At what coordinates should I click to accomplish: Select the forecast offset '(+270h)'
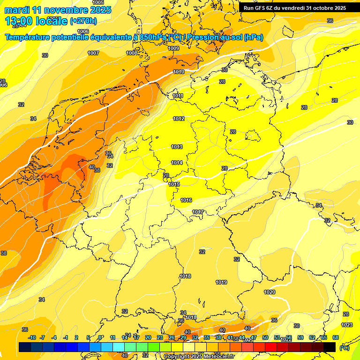click(83, 21)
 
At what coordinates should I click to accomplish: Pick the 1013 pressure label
click(177, 147)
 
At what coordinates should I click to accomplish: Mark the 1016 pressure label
click(186, 201)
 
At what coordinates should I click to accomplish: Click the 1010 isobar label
click(179, 72)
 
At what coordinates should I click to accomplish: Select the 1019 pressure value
click(221, 283)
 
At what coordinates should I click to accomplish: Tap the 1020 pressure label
click(270, 292)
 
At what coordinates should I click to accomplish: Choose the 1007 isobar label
click(93, 53)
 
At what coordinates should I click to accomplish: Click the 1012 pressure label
click(179, 119)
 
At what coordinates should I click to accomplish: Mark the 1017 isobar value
click(198, 212)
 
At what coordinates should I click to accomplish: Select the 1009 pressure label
click(173, 48)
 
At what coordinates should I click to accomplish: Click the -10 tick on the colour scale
click(32, 337)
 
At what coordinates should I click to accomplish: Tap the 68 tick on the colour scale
click(336, 337)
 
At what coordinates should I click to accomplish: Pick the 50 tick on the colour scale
click(265, 337)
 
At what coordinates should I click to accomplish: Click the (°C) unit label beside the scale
click(344, 347)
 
